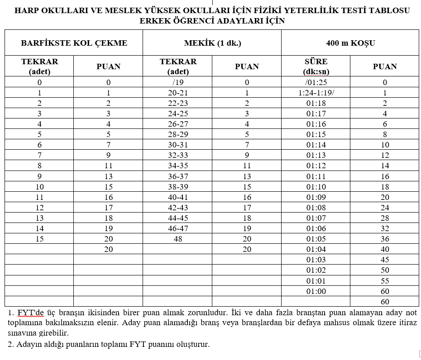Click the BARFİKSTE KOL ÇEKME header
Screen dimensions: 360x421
[x=74, y=43]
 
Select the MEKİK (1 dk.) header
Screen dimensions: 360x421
[x=212, y=43]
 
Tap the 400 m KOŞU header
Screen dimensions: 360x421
[x=350, y=43]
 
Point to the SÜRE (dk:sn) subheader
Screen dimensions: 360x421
[x=316, y=66]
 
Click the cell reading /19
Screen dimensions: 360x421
[x=178, y=83]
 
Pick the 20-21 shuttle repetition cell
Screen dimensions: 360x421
[x=178, y=93]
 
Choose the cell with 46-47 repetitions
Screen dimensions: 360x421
[x=178, y=228]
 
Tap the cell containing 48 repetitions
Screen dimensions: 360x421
[x=178, y=239]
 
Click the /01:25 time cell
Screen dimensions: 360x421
[x=316, y=83]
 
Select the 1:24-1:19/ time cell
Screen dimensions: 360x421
[x=316, y=93]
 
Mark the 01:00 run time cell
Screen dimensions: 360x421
[x=316, y=291]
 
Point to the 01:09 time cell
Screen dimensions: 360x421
[x=316, y=197]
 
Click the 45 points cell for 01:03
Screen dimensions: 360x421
[x=385, y=260]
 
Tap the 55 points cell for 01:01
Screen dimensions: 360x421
[x=385, y=281]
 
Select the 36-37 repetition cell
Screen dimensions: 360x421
[x=178, y=176]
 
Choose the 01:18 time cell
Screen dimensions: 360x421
[x=316, y=103]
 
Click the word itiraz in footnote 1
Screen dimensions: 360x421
[x=407, y=323]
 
